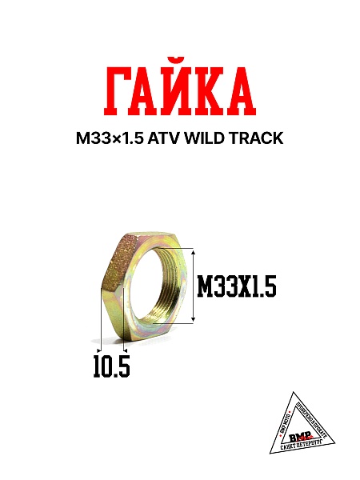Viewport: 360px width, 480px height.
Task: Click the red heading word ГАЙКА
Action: pos(179,93)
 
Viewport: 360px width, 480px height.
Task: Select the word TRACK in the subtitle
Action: pos(258,138)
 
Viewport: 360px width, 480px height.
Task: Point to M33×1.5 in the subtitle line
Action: pos(110,138)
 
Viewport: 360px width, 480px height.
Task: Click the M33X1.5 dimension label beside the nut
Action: pos(236,286)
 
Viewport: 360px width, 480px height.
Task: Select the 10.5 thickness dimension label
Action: pos(111,366)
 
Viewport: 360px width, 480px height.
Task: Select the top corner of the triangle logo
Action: pos(293,393)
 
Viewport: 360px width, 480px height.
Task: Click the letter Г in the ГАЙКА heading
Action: pos(118,93)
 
